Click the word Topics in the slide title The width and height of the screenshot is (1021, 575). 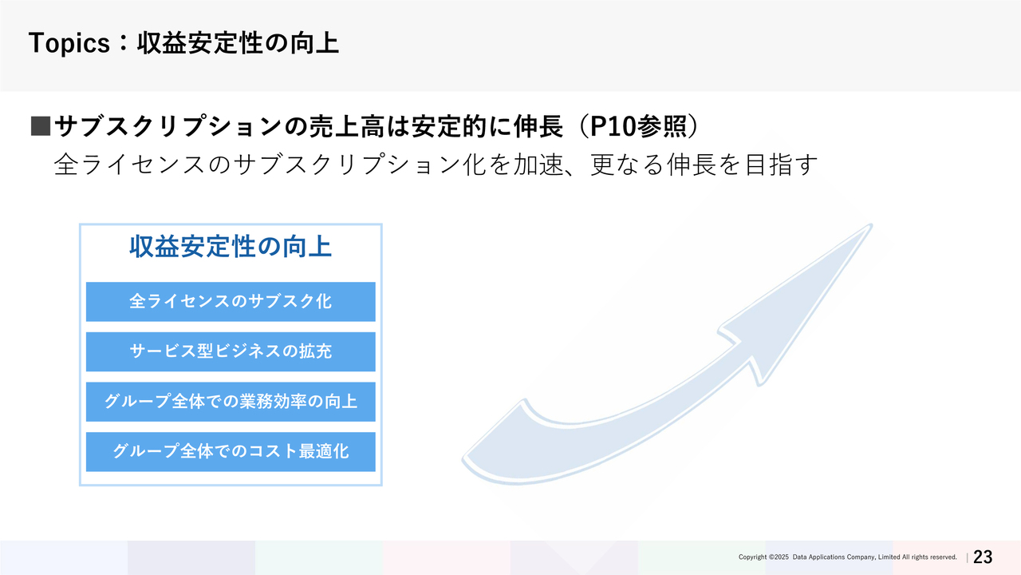coord(69,43)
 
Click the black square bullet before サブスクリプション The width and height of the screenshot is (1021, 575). coord(41,126)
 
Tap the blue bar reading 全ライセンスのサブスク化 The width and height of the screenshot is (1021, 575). coord(231,302)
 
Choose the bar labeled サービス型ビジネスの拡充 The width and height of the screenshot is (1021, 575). coord(231,351)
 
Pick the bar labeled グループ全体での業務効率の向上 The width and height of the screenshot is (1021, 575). coord(231,402)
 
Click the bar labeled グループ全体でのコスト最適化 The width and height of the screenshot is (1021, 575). coord(231,452)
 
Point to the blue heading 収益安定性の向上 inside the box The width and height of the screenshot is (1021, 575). coord(231,247)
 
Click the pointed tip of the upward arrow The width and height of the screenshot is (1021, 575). coord(870,225)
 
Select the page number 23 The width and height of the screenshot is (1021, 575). coord(983,557)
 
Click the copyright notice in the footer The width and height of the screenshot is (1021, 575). coord(847,557)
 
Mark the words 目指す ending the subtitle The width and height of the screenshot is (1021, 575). coord(781,165)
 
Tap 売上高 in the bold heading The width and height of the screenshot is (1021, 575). coord(347,126)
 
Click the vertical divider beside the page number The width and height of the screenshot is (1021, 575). coord(967,557)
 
